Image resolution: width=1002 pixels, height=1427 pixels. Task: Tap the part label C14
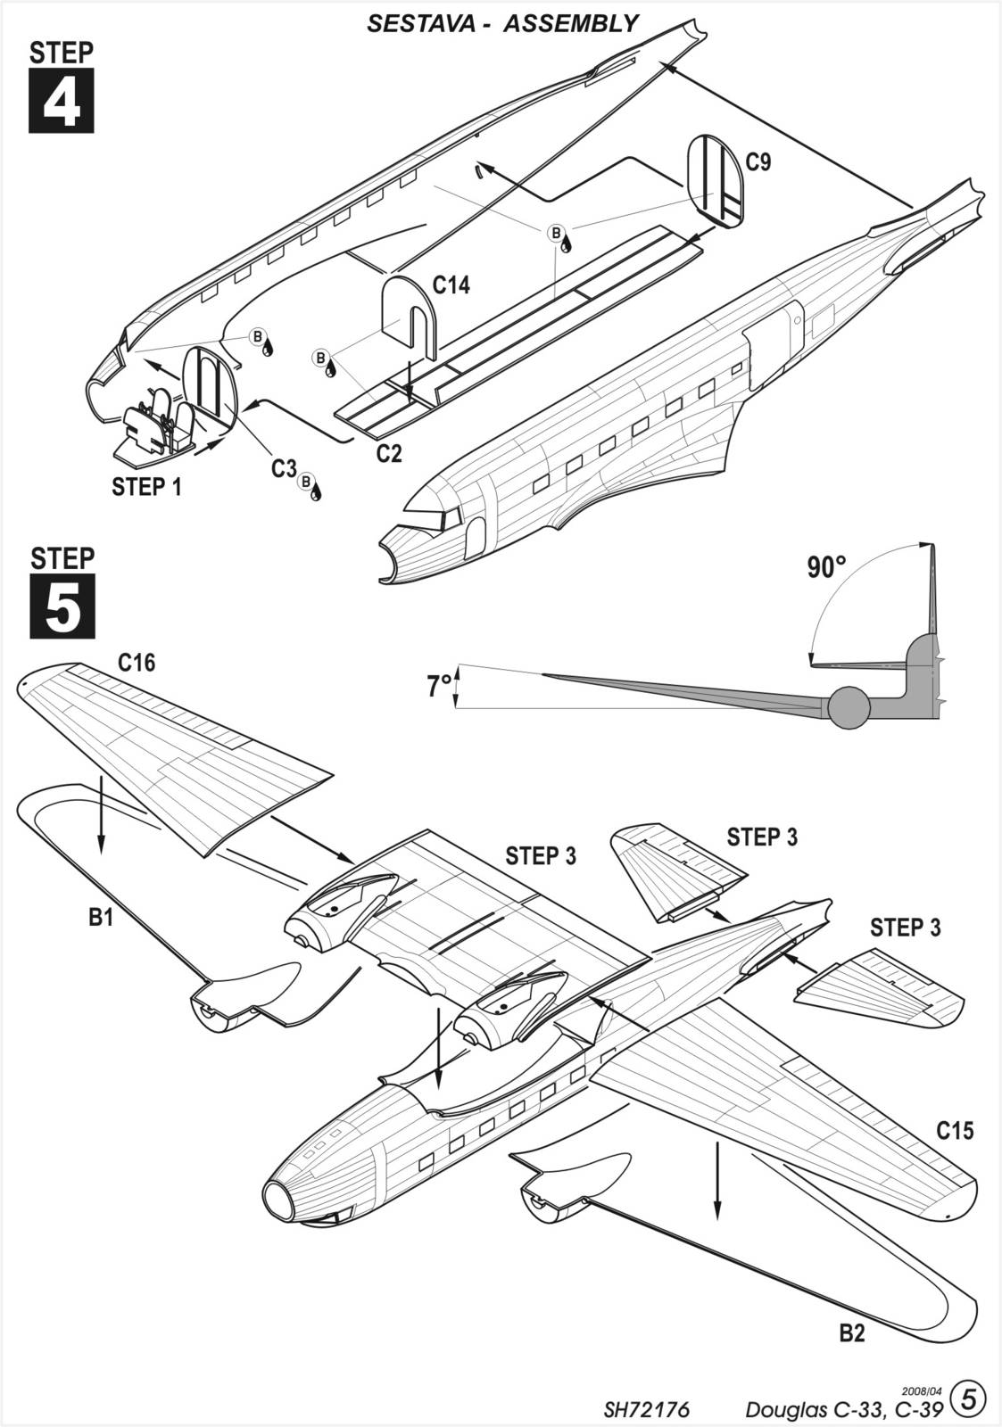click(x=451, y=285)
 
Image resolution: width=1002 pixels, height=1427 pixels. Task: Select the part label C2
click(x=389, y=454)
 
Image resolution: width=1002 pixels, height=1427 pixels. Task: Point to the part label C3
click(x=284, y=467)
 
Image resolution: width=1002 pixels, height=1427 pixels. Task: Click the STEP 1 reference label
click(x=146, y=487)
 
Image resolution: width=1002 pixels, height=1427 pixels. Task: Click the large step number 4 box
click(x=62, y=102)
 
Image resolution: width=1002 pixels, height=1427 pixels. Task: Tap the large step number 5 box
click(x=62, y=607)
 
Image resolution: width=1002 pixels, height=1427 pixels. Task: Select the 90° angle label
click(x=827, y=566)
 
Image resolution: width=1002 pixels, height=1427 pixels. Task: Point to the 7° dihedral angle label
click(x=438, y=686)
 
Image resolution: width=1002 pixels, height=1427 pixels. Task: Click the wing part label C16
click(x=137, y=663)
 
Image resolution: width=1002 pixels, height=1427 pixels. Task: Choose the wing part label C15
click(x=955, y=1131)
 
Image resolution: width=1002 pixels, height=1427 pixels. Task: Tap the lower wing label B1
click(x=101, y=917)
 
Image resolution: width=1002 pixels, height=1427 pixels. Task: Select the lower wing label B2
click(x=852, y=1334)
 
